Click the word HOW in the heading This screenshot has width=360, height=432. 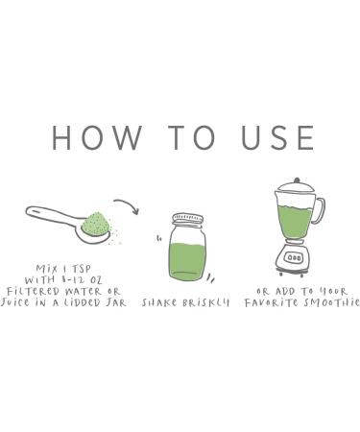coord(97,138)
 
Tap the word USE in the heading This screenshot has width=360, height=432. coord(277,138)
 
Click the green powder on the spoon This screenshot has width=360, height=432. coord(96,224)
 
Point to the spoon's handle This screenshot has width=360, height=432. coord(53,214)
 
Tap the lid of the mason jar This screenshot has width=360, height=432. coord(188,220)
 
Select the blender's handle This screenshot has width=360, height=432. coord(320,210)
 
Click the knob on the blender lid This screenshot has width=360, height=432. coord(297,180)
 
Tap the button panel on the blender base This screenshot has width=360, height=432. coord(295,257)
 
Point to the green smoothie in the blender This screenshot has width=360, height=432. coord(295,222)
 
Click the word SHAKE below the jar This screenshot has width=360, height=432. coord(158,302)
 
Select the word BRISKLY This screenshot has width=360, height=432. coord(205,302)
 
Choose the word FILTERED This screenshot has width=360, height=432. coord(34,291)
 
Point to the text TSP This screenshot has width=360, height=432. coord(81,268)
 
